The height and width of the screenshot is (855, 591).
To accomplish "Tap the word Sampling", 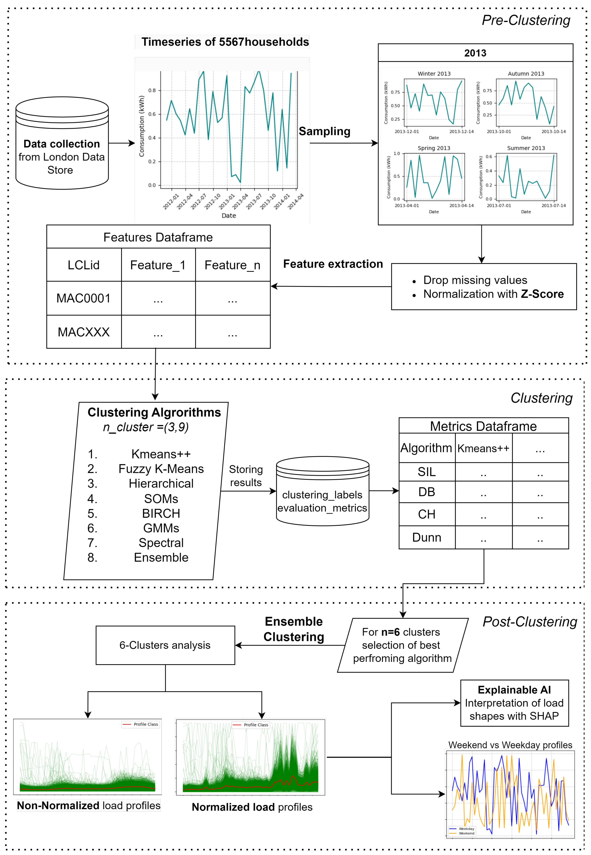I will click(x=324, y=131).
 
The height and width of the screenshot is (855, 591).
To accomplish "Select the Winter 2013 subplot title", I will click(x=434, y=74).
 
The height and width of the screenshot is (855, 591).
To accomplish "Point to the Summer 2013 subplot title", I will click(x=526, y=148).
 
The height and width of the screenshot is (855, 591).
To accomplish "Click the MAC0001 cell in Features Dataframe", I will click(x=84, y=299).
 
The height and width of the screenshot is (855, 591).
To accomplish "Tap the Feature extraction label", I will click(x=333, y=264).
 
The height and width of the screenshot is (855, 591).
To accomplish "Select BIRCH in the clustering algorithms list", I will click(x=161, y=514).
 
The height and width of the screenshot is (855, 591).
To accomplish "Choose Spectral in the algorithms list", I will click(x=161, y=543).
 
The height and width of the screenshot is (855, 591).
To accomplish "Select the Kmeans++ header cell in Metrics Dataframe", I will click(x=483, y=448).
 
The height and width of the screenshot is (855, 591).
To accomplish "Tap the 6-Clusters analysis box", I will click(x=165, y=645).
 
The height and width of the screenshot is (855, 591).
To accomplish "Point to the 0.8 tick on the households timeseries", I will click(x=152, y=90).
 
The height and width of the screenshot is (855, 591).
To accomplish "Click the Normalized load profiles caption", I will click(x=252, y=807).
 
